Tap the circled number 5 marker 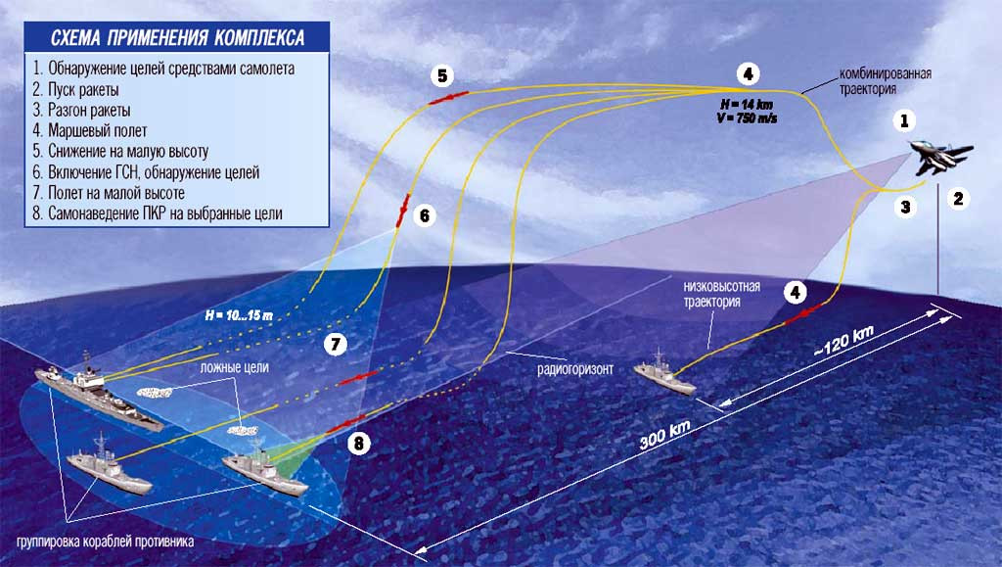[442, 75]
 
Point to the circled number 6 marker [423, 215]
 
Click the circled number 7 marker [335, 344]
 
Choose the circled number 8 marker [360, 444]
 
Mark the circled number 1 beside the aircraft [906, 121]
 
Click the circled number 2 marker [958, 199]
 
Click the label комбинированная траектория [884, 82]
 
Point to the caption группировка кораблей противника [104, 542]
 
